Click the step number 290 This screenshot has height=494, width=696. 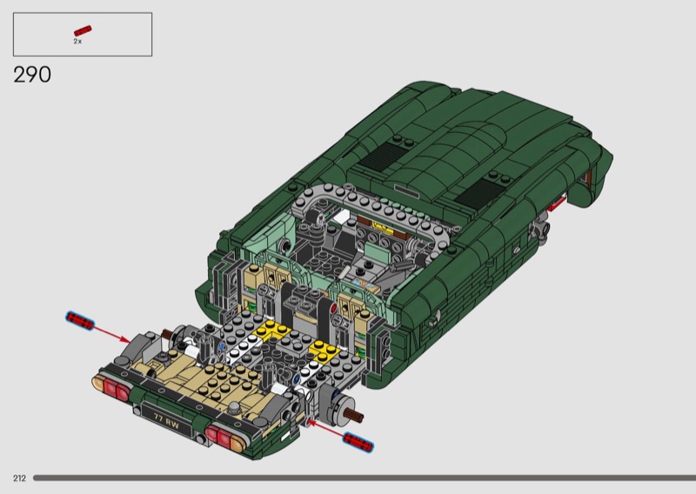click(x=32, y=75)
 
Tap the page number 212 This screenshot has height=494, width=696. click(x=19, y=478)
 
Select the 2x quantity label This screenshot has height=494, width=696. click(x=77, y=41)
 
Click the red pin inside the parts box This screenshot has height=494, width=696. click(x=83, y=30)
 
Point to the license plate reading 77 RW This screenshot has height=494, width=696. click(x=167, y=420)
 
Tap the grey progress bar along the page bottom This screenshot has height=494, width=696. click(x=365, y=478)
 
